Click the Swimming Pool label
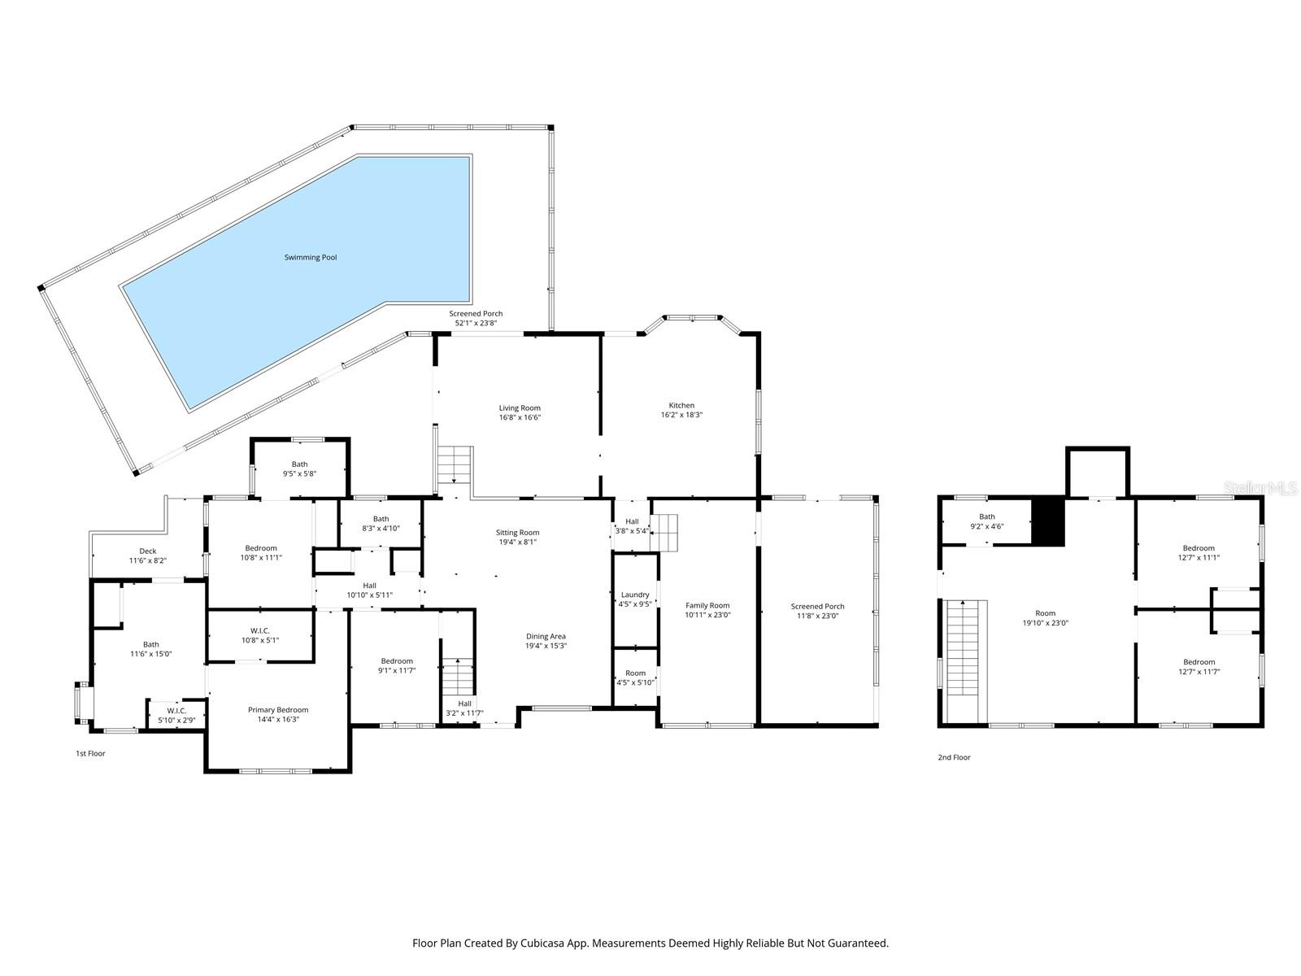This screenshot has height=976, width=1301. [x=311, y=258]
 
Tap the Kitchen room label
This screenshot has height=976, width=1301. [x=681, y=405]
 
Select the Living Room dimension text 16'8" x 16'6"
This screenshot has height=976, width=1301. [x=520, y=417]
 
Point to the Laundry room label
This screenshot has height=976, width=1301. [x=635, y=595]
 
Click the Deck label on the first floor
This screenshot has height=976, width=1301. [x=148, y=551]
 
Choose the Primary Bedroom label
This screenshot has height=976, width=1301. [x=278, y=710]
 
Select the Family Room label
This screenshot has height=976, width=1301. [x=707, y=605]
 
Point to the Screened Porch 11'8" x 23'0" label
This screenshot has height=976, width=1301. [x=817, y=606]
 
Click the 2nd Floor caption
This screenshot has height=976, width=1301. [x=954, y=757]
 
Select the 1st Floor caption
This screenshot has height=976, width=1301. [x=90, y=753]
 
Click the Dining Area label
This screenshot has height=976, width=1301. [x=546, y=637]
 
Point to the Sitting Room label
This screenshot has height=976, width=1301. [x=518, y=533]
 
